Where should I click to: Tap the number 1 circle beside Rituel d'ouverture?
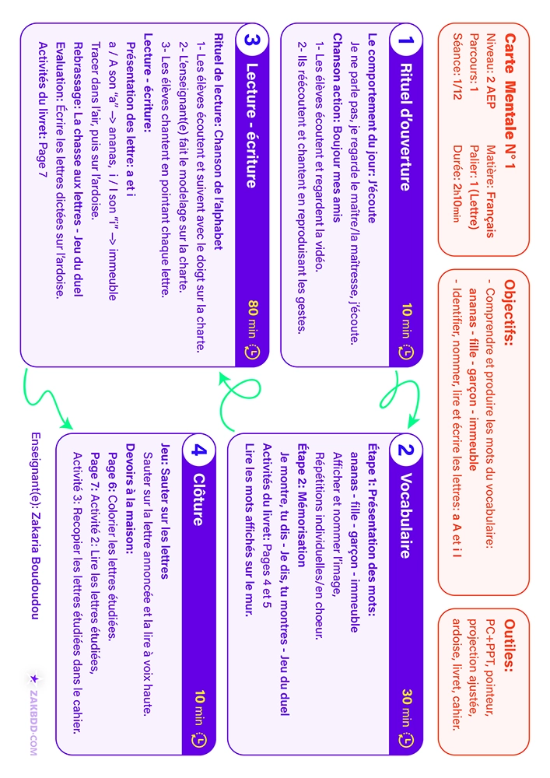point(405,40)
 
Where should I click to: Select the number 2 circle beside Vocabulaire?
point(405,450)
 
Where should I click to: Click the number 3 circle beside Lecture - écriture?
point(251,40)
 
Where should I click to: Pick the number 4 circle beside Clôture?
point(198,450)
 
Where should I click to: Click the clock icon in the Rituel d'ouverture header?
point(406,352)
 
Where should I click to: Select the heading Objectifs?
point(510,312)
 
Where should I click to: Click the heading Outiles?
point(510,646)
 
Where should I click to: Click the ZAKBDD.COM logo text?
point(33,723)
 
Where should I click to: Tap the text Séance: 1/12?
point(457,66)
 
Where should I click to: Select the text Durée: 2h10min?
point(457,184)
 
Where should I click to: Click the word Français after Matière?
point(490,213)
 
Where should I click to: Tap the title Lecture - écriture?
point(252,126)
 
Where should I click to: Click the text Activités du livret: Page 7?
point(44,110)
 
